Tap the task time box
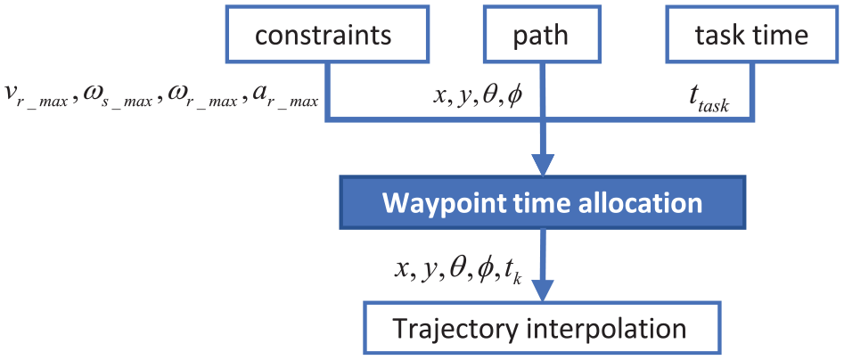tap(751, 33)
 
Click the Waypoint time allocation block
tap(543, 202)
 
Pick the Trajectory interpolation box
tap(543, 328)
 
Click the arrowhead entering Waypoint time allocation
tap(543, 164)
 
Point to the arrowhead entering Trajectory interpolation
tap(543, 290)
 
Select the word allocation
tap(648, 202)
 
